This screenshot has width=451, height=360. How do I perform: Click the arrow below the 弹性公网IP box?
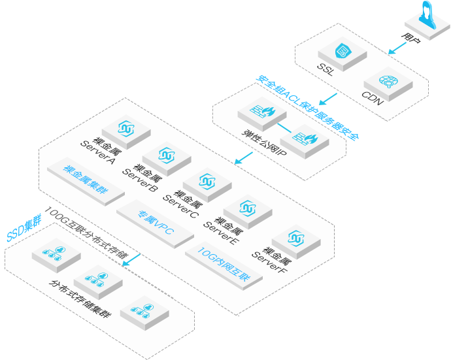(x=243, y=157)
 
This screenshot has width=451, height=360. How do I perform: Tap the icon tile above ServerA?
(x=125, y=127)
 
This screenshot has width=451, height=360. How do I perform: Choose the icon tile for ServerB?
(x=167, y=155)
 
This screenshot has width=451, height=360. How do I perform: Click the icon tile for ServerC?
(x=208, y=181)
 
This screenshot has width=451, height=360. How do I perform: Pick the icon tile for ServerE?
(x=248, y=208)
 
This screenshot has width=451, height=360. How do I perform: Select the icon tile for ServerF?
(x=297, y=237)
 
